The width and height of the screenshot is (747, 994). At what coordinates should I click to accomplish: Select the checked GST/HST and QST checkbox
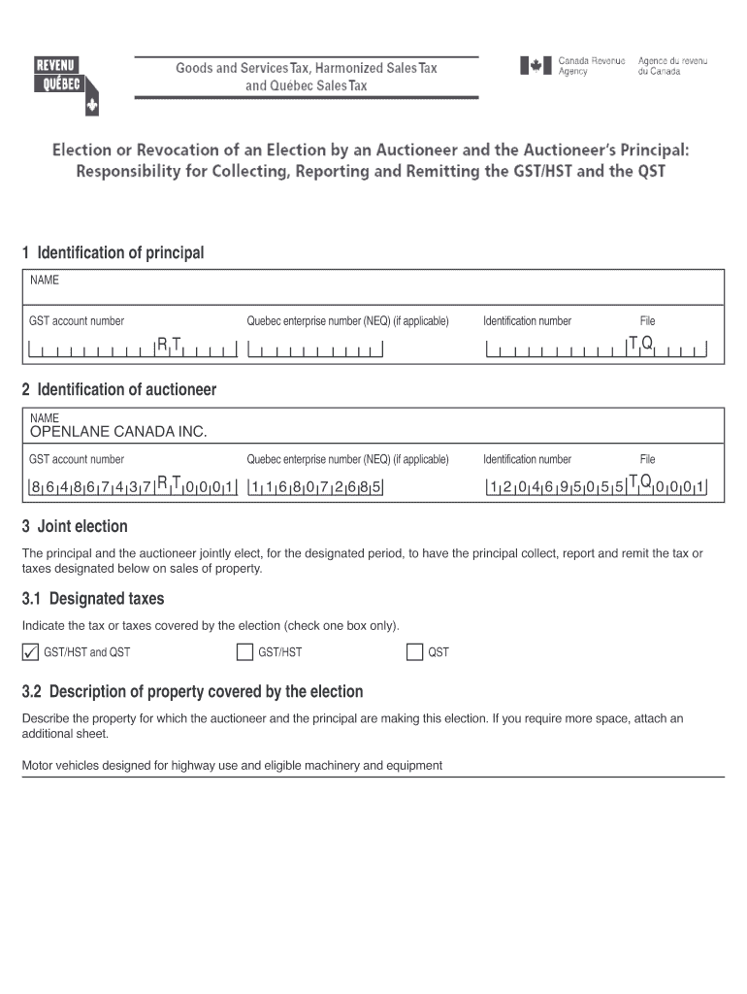(x=29, y=651)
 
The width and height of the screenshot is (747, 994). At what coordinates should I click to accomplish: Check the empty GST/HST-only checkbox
(x=244, y=651)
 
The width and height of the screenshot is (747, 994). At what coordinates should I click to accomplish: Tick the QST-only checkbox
(x=414, y=651)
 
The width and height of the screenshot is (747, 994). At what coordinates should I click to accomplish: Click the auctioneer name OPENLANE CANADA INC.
(x=118, y=432)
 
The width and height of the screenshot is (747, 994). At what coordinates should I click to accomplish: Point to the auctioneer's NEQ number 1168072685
(x=315, y=487)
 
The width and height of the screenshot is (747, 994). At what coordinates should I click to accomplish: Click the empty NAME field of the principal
(x=373, y=289)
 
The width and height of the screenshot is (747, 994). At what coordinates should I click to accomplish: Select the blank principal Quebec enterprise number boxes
(x=315, y=350)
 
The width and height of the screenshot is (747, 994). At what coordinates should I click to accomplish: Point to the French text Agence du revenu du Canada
(x=671, y=67)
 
